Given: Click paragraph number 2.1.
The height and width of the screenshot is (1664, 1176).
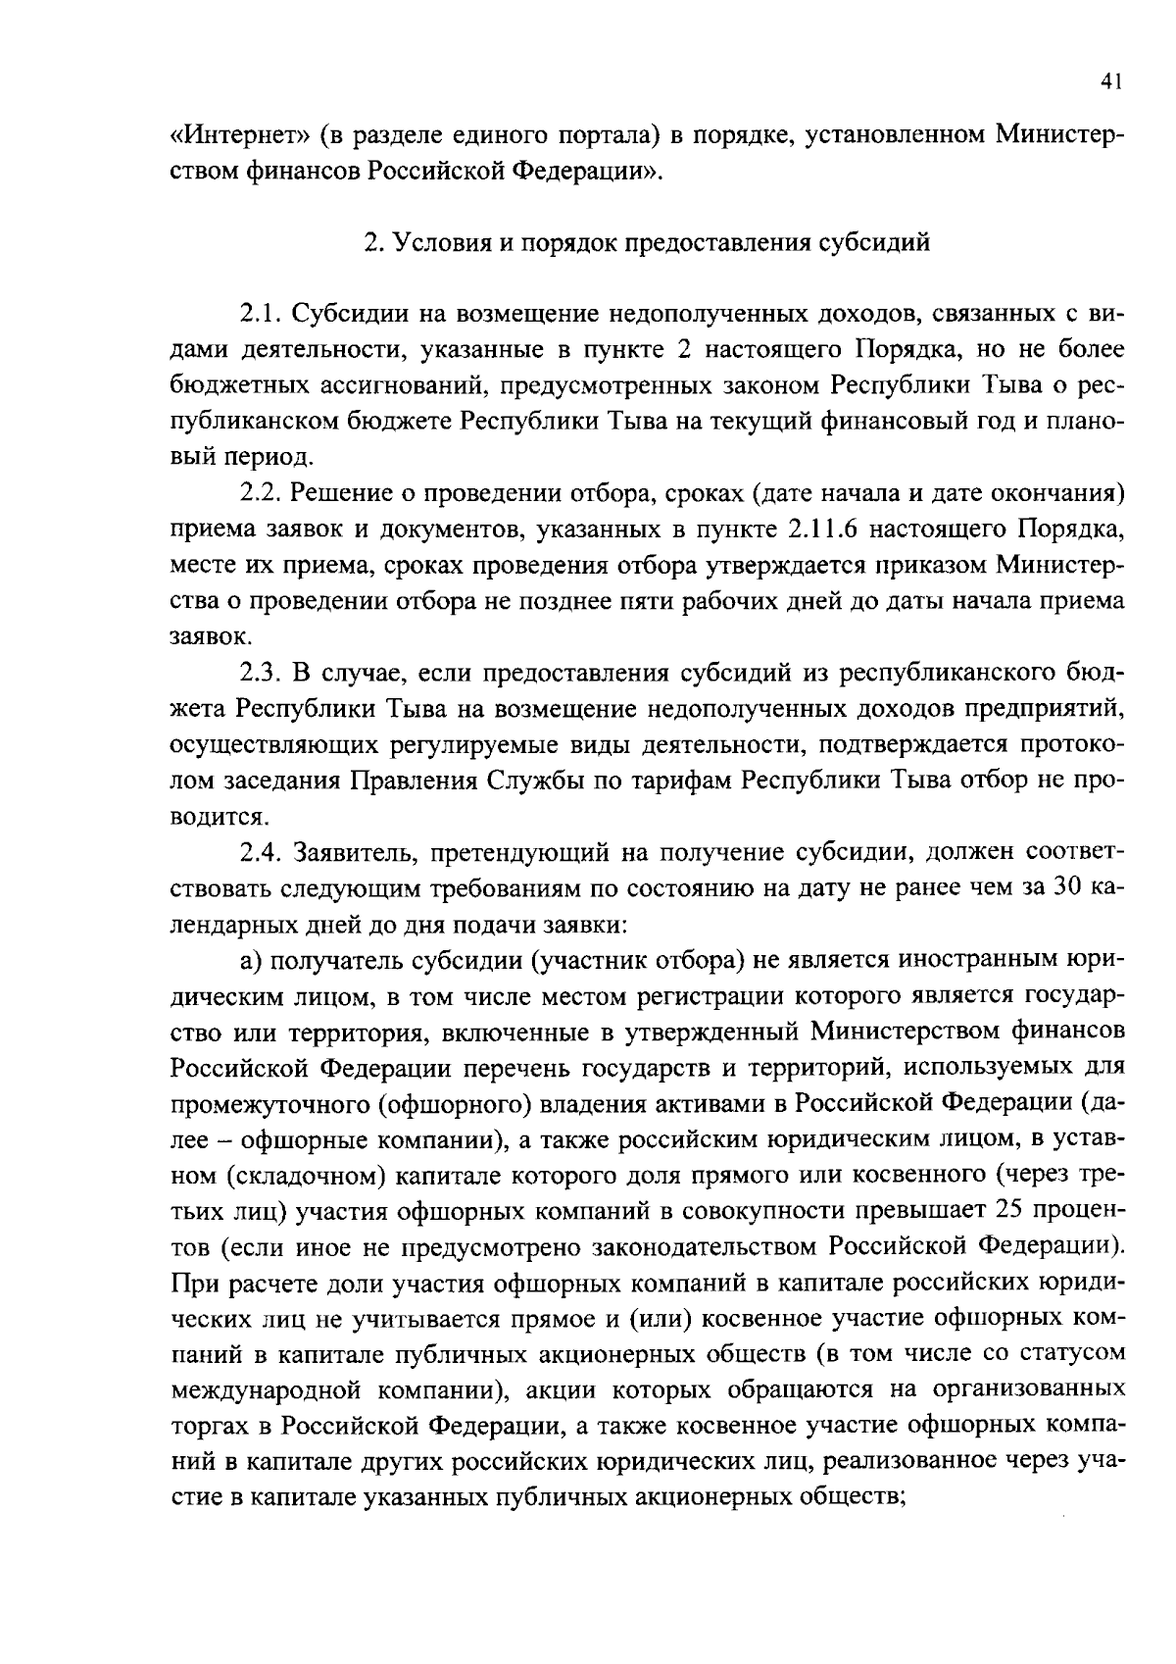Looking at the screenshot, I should (261, 314).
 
